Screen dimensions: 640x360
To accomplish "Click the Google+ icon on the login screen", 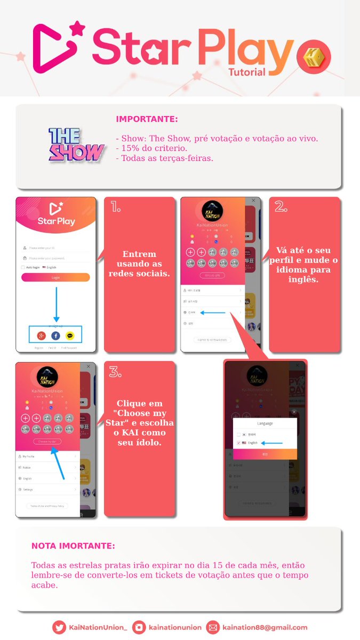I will pos(41,335).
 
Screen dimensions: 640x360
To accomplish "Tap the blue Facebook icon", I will pos(55,335).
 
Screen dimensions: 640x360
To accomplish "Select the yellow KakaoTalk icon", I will pos(70,335).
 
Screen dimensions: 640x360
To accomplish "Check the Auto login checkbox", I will pos(22,267).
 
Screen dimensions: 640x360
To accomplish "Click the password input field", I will pos(56,258).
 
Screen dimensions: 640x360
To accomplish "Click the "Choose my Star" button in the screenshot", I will pos(47,441).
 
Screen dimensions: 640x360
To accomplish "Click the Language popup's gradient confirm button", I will pos(265,454).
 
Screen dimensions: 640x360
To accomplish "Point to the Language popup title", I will pos(265,423).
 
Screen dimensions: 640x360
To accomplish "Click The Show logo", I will pos(76,145).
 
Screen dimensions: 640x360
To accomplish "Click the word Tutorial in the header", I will pos(246,71).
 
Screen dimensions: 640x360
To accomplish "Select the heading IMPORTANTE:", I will pos(147,119).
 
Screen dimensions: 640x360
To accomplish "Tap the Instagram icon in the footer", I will pos(140,628).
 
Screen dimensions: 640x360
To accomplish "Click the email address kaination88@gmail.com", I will pos(265,628).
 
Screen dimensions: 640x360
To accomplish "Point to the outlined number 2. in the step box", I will pos(281,207).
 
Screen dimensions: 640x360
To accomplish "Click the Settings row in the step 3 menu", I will pos(28,489).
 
